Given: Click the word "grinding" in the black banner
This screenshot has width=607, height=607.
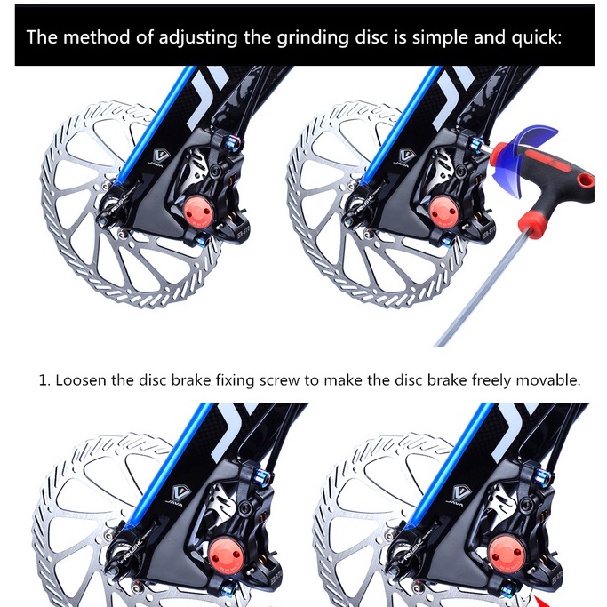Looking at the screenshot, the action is click(x=312, y=38).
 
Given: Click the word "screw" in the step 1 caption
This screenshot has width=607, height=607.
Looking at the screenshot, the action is click(x=279, y=380).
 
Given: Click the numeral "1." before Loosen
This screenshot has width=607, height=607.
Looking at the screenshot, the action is click(x=44, y=380).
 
